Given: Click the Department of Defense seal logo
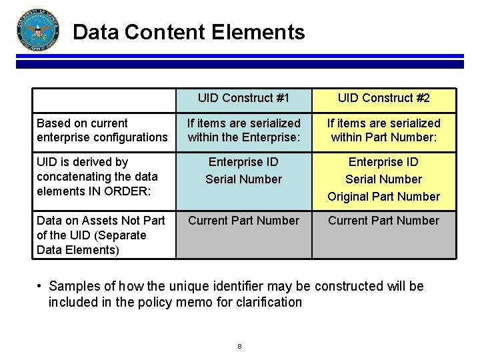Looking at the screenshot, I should tap(37, 31).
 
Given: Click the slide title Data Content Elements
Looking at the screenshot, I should tap(189, 32).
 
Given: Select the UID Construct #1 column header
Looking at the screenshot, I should tap(243, 98).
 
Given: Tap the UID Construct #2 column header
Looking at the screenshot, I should tap(384, 98).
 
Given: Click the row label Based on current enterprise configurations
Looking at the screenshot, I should tap(102, 130).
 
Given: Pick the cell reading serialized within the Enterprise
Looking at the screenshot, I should tap(243, 130).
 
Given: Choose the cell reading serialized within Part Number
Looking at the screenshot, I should tap(384, 130).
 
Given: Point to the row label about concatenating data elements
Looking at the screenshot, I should tap(97, 176).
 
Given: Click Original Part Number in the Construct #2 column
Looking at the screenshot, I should tap(384, 196).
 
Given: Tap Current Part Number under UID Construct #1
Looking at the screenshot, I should tap(243, 220).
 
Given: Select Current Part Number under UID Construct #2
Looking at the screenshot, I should tap(384, 220).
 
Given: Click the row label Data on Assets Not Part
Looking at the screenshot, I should tap(101, 235).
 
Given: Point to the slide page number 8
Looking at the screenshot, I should tap(239, 346).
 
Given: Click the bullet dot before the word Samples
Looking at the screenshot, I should tap(40, 286).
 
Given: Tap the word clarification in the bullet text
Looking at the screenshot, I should tap(269, 302).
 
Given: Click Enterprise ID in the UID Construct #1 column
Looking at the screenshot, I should tap(243, 161).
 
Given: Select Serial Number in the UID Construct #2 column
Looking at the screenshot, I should tap(384, 179).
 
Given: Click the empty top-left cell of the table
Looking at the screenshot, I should tap(105, 99).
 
